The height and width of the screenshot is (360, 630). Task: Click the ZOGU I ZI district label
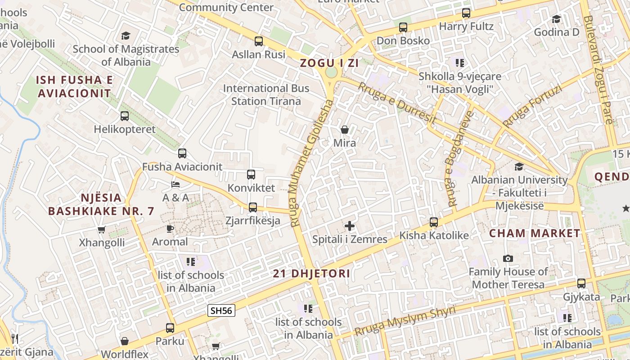[329, 63]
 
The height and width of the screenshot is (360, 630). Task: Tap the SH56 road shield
[221, 310]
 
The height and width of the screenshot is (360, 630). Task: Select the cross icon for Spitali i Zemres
[350, 226]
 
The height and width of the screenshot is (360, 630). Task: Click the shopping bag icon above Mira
[345, 130]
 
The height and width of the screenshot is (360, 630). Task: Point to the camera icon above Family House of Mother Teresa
[508, 258]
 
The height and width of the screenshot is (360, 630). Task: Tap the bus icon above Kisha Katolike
[434, 222]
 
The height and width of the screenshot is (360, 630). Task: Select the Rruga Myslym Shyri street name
[405, 321]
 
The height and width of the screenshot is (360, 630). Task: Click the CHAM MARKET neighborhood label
[535, 233]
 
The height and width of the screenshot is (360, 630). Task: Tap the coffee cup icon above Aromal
[170, 229]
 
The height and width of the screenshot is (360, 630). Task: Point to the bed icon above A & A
[175, 184]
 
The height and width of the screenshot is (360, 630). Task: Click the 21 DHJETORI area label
[311, 274]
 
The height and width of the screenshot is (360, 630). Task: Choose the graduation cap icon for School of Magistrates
[126, 36]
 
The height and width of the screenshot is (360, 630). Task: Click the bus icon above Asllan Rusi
[259, 41]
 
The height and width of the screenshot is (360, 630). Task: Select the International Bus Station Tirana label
[266, 94]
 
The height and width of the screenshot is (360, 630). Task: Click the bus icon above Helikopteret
[125, 116]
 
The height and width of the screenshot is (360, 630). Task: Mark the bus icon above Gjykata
[581, 283]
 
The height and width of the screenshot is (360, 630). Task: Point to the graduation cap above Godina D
[557, 19]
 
